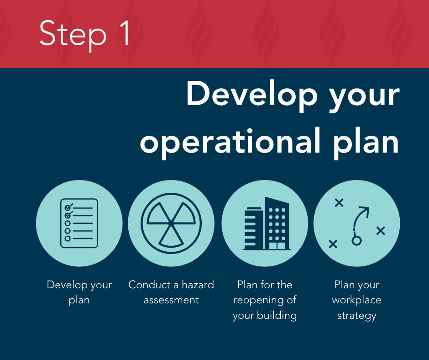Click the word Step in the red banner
pos(73,35)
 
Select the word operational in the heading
pos(230,142)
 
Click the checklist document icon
pos(79,223)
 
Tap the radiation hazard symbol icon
pos(171,223)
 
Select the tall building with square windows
pos(277,223)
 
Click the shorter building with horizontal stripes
pos(253,229)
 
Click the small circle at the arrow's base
pos(356,241)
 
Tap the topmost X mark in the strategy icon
pos(339,203)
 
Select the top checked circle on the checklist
pos(68,208)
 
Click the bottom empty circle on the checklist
pos(68,238)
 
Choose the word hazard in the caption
pos(198,285)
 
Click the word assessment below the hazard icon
pos(171,300)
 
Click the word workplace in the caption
pos(356,300)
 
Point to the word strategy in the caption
pos(356,316)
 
